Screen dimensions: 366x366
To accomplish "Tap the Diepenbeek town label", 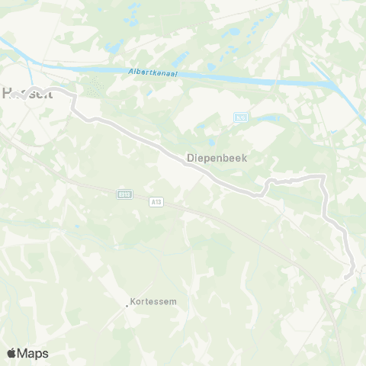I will point(217,159).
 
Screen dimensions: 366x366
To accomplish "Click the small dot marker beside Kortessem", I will point(127,306).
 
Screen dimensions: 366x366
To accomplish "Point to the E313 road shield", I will point(124,195).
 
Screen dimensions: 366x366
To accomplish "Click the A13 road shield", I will point(156,201).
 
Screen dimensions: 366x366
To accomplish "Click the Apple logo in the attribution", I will point(12,353).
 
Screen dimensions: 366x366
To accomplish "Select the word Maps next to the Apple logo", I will point(33,353).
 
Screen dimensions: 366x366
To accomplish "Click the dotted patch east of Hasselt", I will point(95,88).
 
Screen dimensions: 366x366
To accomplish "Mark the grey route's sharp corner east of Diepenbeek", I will point(323,178).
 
